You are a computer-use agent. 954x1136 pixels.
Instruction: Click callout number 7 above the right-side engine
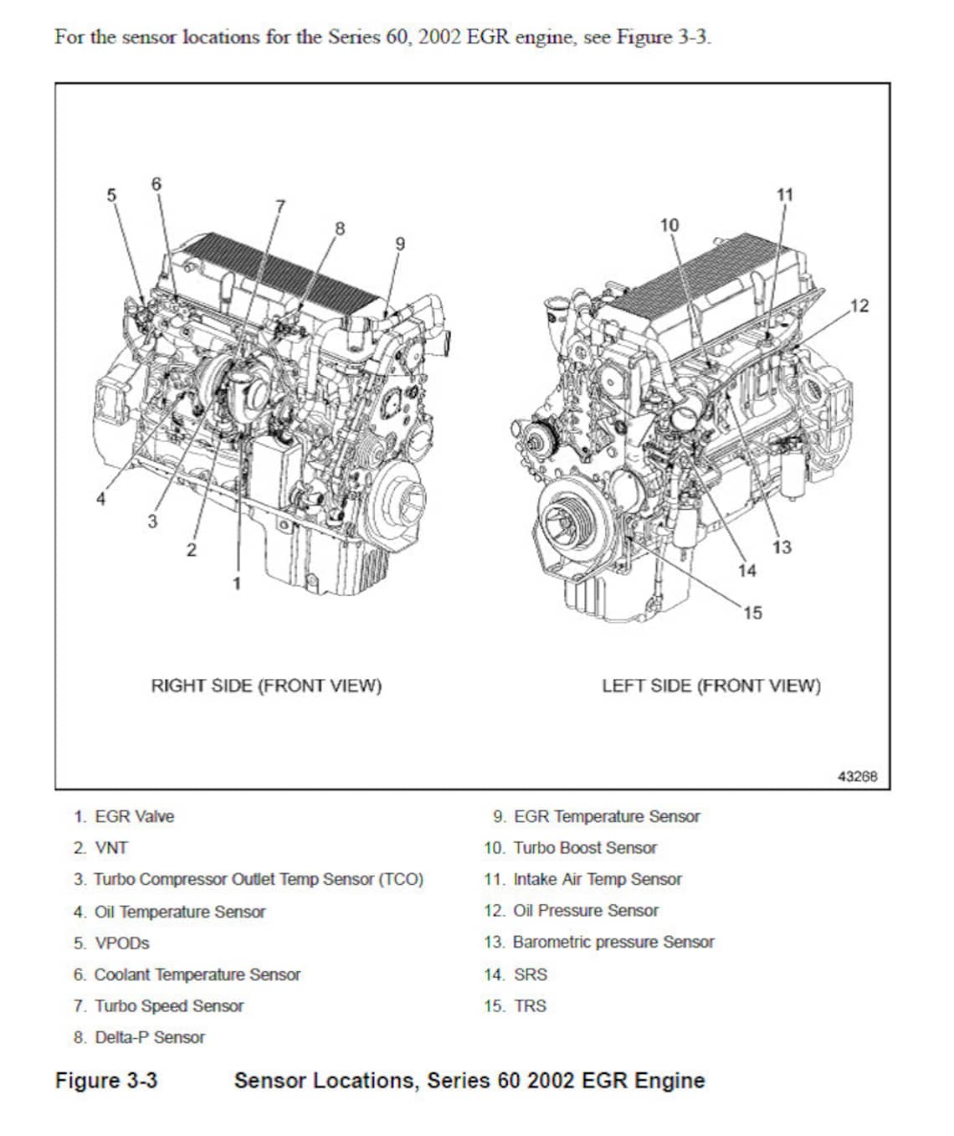point(280,205)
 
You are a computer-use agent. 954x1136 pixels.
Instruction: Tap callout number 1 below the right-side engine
point(237,583)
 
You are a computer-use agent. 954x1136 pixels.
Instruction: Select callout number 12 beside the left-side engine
point(859,306)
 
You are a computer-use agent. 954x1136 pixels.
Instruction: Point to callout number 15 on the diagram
point(752,613)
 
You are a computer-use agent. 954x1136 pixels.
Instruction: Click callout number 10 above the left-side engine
point(669,225)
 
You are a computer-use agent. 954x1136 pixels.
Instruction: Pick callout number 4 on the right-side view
point(101,499)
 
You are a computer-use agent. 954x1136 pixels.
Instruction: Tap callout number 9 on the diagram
point(400,244)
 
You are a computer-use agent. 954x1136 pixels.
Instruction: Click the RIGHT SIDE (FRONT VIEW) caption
point(266,686)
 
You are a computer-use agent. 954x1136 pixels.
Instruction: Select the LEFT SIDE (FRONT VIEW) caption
point(711,686)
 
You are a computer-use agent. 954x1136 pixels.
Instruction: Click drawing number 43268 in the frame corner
point(858,776)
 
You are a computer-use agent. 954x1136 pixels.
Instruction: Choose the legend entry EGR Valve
point(134,816)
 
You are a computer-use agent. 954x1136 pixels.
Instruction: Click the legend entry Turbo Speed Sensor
point(168,1005)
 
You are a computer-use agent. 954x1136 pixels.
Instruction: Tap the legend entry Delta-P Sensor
point(149,1037)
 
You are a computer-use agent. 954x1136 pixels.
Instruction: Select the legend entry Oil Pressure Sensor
point(585,910)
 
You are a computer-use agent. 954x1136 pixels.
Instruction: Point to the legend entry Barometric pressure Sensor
point(613,942)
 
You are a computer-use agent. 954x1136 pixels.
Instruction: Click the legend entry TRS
point(530,1005)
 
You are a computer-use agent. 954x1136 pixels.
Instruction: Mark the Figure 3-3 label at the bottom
point(106,1080)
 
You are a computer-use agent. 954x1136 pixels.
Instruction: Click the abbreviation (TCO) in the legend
point(401,879)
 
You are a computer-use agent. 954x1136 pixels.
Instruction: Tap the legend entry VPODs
point(121,943)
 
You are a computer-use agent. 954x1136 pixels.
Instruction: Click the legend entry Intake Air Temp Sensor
point(597,879)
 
